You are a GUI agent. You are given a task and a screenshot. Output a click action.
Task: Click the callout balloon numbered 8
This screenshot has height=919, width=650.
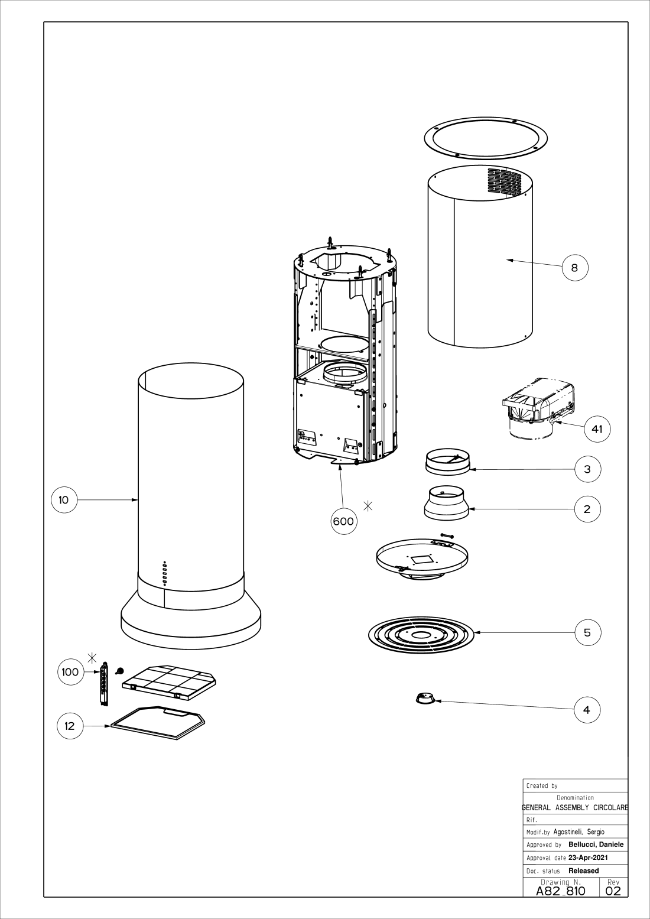(575, 268)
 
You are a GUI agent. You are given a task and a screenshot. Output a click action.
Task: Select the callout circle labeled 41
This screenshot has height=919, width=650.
(597, 428)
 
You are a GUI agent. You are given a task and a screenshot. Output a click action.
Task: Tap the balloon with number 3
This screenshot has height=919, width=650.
(588, 469)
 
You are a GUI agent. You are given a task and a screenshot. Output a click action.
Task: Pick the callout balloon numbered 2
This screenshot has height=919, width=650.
(588, 509)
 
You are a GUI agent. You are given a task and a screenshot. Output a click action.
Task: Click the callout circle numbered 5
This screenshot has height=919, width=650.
(588, 632)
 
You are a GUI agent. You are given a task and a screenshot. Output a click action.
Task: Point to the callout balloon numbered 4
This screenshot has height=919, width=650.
(587, 710)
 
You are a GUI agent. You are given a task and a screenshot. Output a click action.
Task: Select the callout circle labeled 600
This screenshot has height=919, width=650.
(344, 521)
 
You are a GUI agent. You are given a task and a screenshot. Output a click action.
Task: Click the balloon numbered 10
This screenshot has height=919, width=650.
(64, 500)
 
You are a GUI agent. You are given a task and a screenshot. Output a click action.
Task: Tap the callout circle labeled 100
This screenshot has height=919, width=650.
(70, 672)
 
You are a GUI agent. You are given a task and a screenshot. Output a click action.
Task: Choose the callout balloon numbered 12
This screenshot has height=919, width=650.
(70, 726)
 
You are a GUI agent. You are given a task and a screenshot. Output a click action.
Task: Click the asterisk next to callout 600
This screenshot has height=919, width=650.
(368, 506)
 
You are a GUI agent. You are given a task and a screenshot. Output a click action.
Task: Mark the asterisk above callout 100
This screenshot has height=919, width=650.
(92, 658)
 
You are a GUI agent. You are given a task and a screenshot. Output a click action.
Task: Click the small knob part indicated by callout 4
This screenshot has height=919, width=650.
(424, 698)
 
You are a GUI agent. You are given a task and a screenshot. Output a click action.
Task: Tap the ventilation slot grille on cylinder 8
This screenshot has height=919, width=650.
(504, 181)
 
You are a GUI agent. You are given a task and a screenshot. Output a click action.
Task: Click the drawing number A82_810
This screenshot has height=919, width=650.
(561, 902)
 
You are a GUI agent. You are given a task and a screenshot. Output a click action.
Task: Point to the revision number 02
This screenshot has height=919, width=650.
(613, 902)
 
